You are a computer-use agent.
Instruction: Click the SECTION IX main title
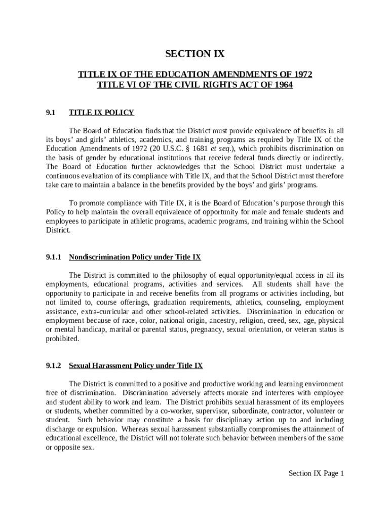pyautogui.click(x=195, y=54)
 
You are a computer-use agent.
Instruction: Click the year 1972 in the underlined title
pyautogui.click(x=302, y=75)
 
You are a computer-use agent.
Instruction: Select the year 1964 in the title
pyautogui.click(x=283, y=85)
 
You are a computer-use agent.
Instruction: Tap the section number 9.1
pyautogui.click(x=51, y=113)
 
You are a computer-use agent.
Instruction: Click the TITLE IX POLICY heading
pyautogui.click(x=101, y=113)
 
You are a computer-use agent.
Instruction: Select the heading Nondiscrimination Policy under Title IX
pyautogui.click(x=135, y=257)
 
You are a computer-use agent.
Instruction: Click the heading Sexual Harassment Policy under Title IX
pyautogui.click(x=136, y=365)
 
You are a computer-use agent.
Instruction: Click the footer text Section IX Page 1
pyautogui.click(x=316, y=473)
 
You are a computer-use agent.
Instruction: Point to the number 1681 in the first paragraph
pyautogui.click(x=204, y=149)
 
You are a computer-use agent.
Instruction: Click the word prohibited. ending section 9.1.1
pyautogui.click(x=62, y=339)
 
